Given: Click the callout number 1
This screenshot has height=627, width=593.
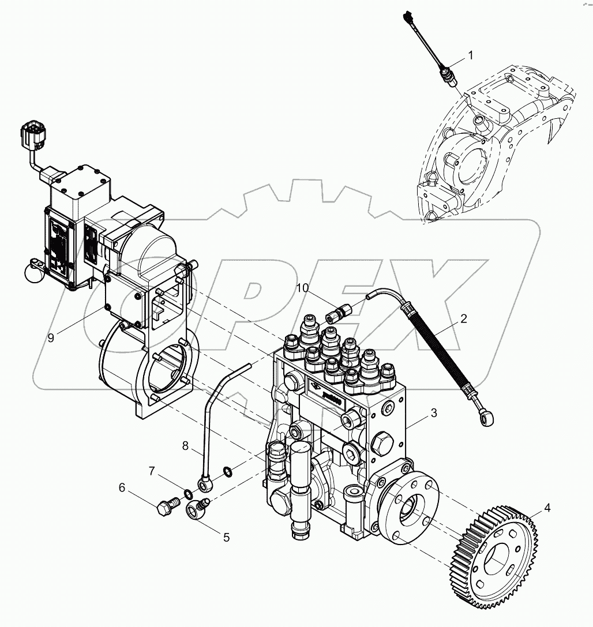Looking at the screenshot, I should pos(470,56).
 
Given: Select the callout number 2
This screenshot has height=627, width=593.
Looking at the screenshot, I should pos(463,318).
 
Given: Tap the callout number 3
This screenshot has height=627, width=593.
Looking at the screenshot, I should pos(433,413).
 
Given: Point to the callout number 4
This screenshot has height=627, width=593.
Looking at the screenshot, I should pos(547,509).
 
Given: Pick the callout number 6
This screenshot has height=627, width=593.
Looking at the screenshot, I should pos(122,487).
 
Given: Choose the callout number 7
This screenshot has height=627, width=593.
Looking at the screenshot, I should pos(152,472).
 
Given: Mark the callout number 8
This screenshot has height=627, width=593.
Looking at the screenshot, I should pos(185,445).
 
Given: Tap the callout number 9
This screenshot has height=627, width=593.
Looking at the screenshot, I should pos(51,338).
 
